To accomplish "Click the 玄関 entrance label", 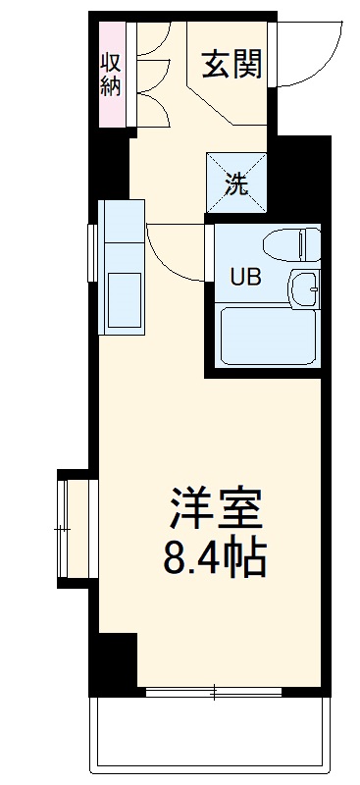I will click(x=231, y=65).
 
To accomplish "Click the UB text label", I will click(x=244, y=278).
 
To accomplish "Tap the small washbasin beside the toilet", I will click(x=304, y=289).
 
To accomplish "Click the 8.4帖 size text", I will click(x=214, y=559).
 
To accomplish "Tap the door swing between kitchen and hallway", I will click(x=177, y=253).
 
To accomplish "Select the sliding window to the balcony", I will click(x=215, y=692).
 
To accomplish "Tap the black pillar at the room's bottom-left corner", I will click(x=113, y=662).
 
